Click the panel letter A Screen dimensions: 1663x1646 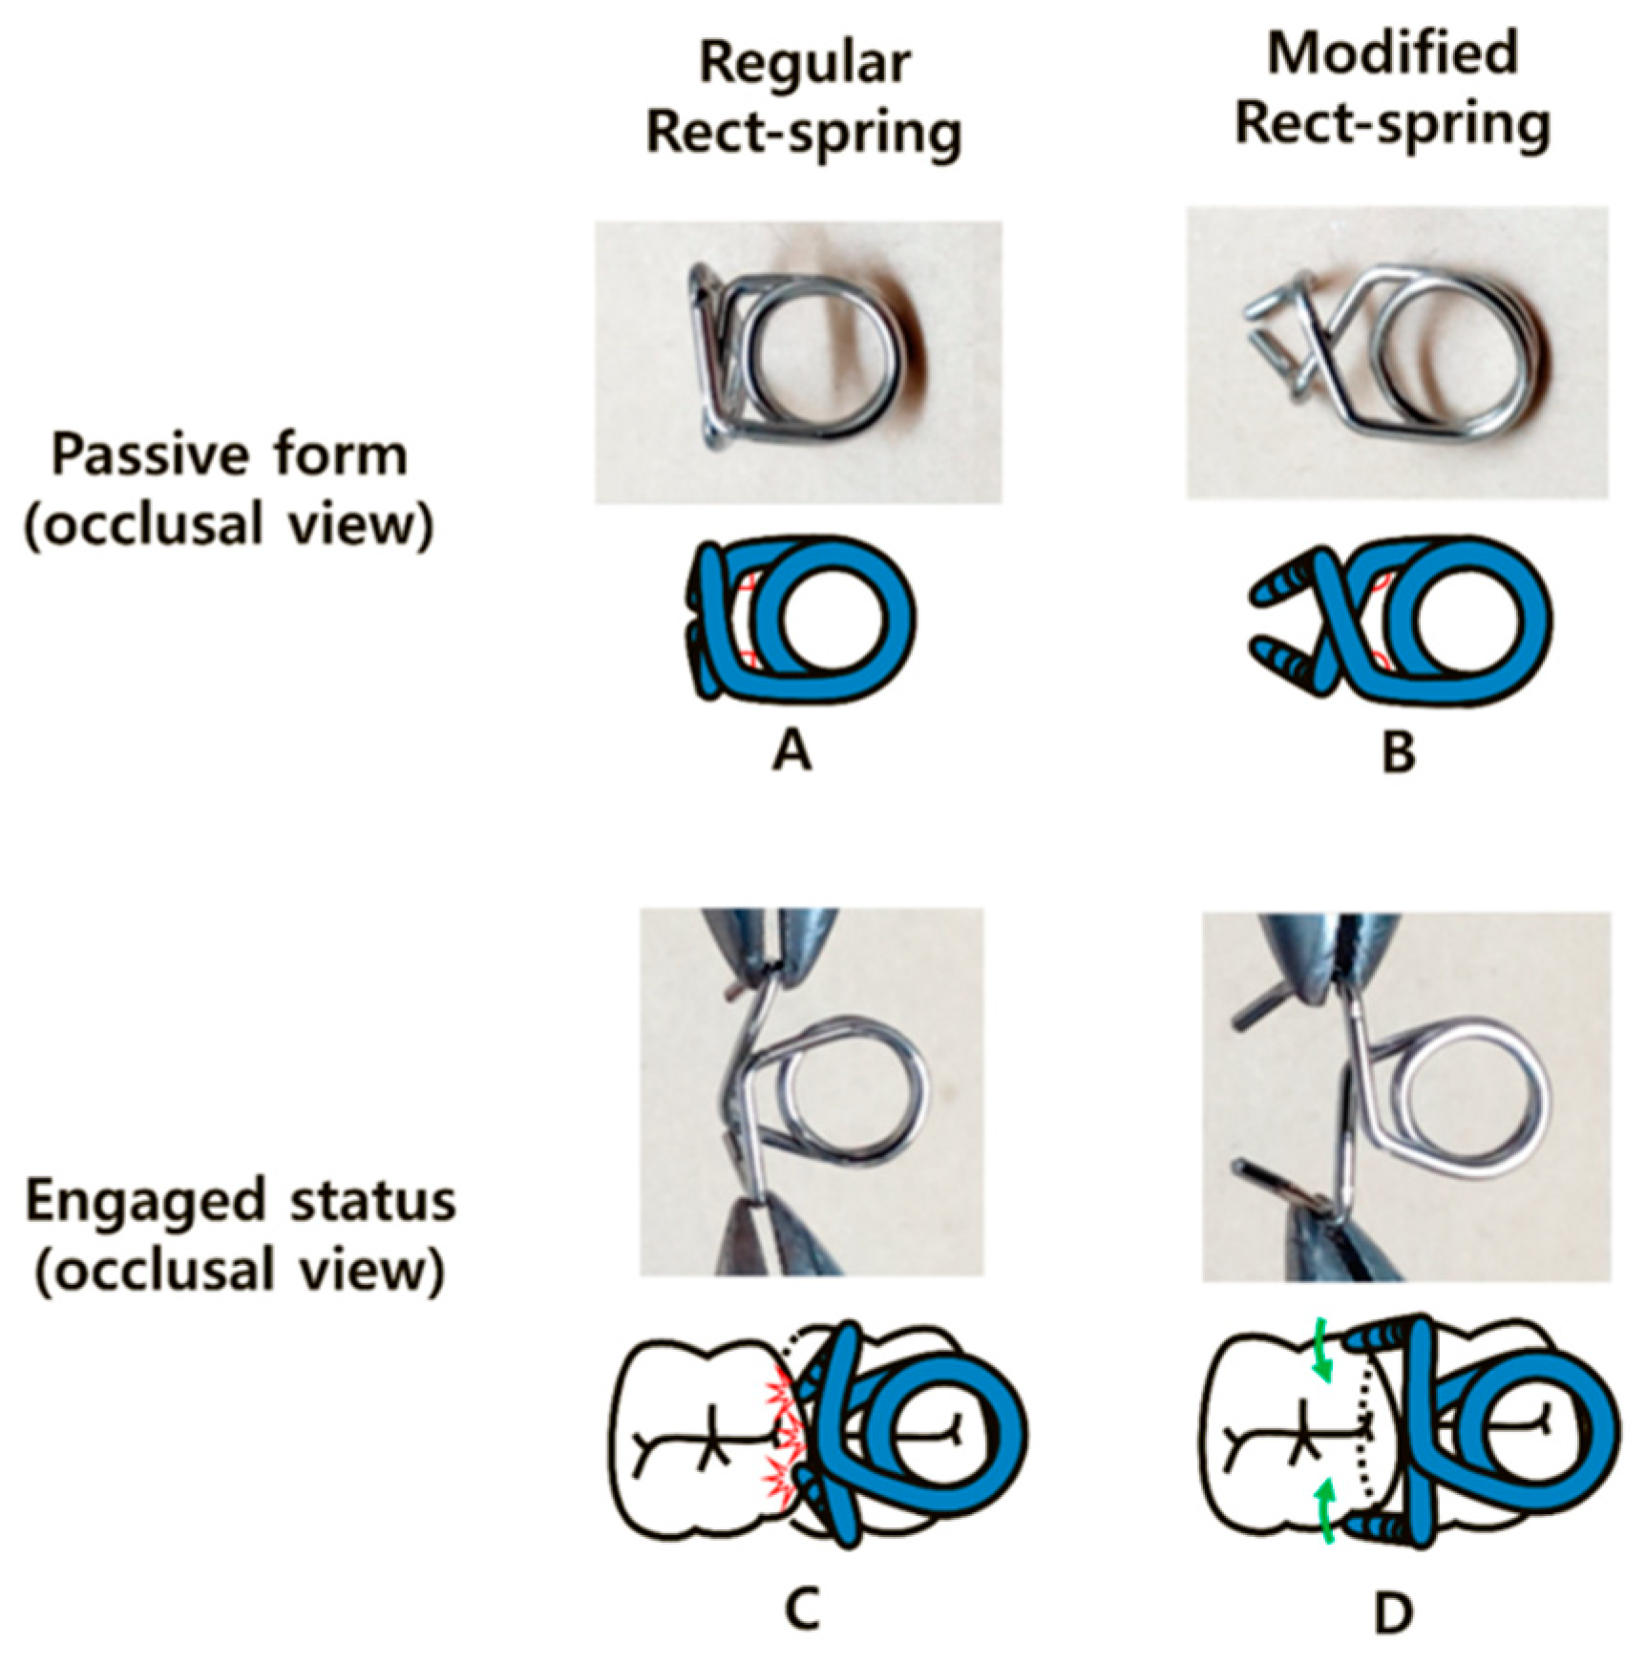pyautogui.click(x=791, y=753)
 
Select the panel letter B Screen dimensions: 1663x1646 pyautogui.click(x=1398, y=753)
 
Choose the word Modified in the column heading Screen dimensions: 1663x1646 pyautogui.click(x=1393, y=53)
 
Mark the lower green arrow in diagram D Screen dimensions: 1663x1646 pyautogui.click(x=1321, y=1514)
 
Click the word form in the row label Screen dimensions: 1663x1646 pyautogui.click(x=357, y=455)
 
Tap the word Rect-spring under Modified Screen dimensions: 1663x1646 pyautogui.click(x=1393, y=125)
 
